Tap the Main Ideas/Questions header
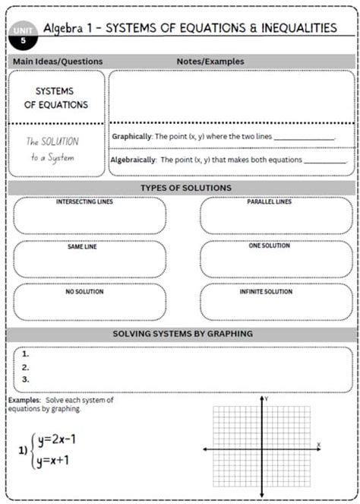tap(58, 61)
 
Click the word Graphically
tap(132, 137)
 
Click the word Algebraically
tap(134, 160)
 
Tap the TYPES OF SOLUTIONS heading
tap(186, 188)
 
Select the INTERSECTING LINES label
tap(89, 202)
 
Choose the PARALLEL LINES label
tap(270, 202)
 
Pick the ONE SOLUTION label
tap(270, 246)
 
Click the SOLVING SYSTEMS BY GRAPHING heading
tap(183, 334)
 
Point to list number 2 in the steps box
tap(26, 366)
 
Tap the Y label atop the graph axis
tap(267, 398)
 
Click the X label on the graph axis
tap(319, 444)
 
